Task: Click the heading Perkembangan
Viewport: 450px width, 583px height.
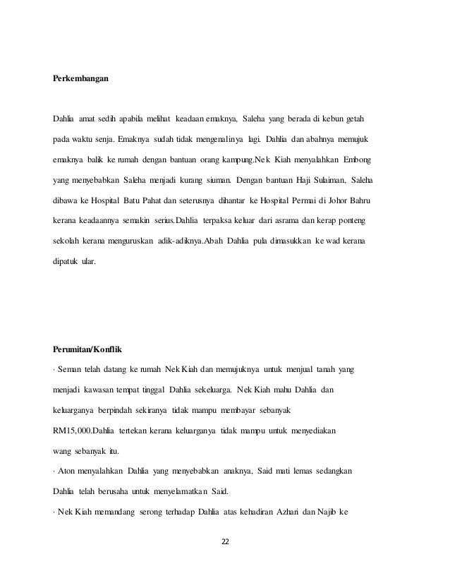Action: pos(81,78)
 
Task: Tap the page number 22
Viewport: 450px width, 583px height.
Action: pos(225,541)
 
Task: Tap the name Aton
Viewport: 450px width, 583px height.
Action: pos(69,469)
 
